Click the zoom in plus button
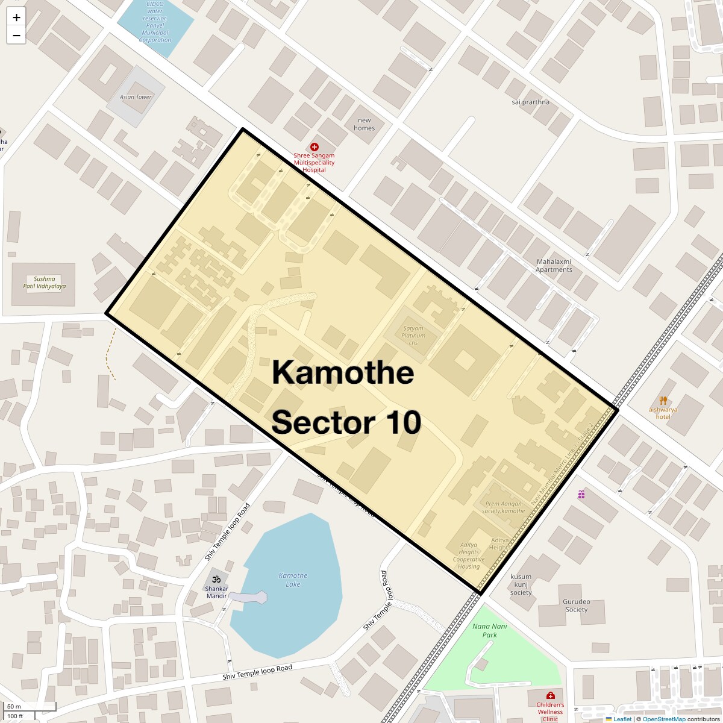point(16,17)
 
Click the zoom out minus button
point(16,36)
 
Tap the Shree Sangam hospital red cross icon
point(314,147)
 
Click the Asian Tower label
point(136,97)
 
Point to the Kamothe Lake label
point(293,580)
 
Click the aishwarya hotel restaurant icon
point(663,401)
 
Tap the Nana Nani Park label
point(489,630)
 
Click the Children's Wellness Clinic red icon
point(549,695)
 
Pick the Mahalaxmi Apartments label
point(554,266)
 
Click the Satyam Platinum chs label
point(413,336)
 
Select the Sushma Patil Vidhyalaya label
point(45,283)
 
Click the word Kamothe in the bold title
point(343,372)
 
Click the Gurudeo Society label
point(576,606)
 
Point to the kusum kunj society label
point(521,584)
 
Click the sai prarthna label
point(530,102)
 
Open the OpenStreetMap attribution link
point(663,719)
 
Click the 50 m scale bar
point(30,707)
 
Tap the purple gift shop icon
point(581,494)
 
